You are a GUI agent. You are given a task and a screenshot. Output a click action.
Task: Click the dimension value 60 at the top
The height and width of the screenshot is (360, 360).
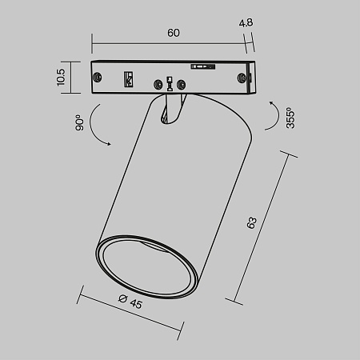tap(173, 33)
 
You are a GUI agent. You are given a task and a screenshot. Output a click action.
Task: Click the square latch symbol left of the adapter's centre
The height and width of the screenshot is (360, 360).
tap(128, 79)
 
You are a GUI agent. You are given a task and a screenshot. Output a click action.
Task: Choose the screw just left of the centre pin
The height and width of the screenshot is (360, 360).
tap(155, 83)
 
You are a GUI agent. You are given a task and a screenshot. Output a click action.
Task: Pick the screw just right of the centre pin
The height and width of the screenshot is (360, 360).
tap(182, 83)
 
